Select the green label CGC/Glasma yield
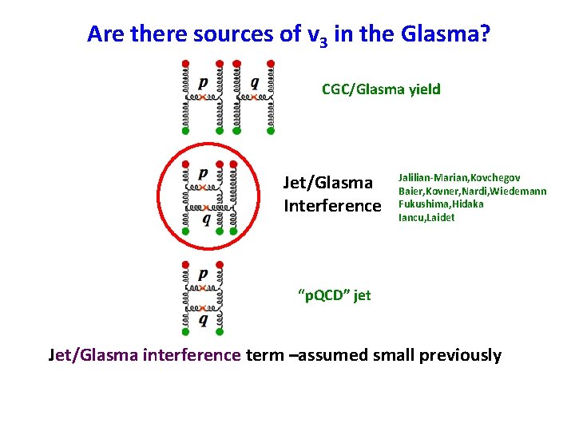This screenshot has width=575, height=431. [381, 89]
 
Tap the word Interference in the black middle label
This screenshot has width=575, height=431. [332, 206]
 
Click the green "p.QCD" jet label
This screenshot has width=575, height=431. [334, 295]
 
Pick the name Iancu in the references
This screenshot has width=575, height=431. [413, 217]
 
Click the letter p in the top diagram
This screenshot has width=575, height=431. [203, 81]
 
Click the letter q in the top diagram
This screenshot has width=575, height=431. [254, 81]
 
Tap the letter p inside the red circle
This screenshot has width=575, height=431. [203, 172]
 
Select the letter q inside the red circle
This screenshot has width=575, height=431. [207, 219]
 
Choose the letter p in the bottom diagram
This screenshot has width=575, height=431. [203, 274]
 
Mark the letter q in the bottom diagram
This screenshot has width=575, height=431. [203, 320]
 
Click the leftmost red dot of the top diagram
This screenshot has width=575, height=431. [185, 62]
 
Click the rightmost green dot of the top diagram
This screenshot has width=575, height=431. [271, 130]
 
